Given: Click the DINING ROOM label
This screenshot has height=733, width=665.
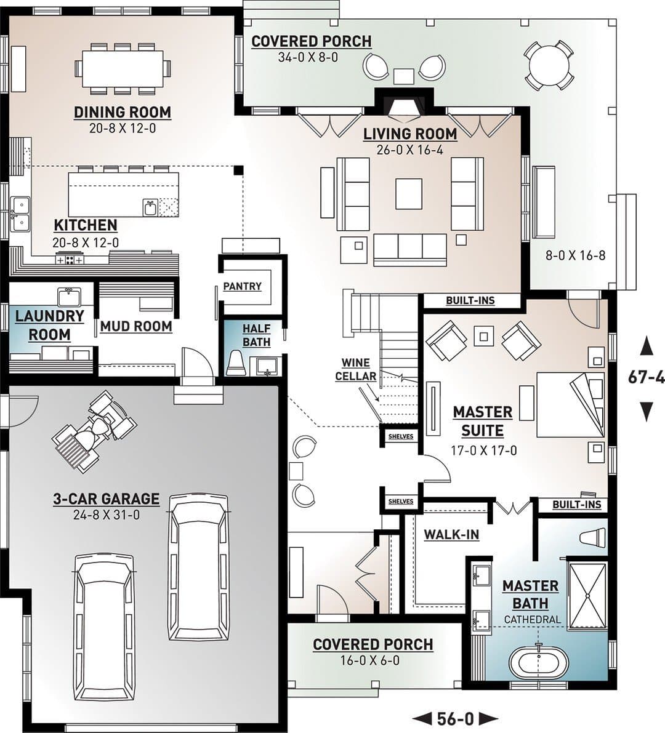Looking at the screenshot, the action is point(123,112).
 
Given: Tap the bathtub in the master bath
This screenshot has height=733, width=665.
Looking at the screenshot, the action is point(539,660).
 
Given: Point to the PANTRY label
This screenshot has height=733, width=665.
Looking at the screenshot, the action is point(242,286).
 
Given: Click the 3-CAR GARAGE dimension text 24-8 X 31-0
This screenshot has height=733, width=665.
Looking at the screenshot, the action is point(106,515).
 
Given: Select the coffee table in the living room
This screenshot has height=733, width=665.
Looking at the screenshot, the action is point(409,194).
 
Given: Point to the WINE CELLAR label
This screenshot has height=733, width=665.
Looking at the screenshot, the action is point(356,369).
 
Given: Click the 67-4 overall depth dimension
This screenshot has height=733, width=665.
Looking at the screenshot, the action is point(647,378).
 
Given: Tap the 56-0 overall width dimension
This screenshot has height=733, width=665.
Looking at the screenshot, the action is point(456,718).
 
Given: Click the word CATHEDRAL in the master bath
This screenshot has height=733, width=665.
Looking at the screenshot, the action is point(532,620).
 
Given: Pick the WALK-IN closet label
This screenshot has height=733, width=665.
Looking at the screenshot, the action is point(451,534).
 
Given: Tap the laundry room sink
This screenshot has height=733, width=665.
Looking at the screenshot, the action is point(69,297).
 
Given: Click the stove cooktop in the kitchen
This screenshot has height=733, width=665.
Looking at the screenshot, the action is point(70,258).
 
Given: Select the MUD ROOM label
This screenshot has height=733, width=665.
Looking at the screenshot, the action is point(136,326).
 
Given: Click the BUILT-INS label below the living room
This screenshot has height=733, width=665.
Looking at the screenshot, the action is point(470,300).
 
